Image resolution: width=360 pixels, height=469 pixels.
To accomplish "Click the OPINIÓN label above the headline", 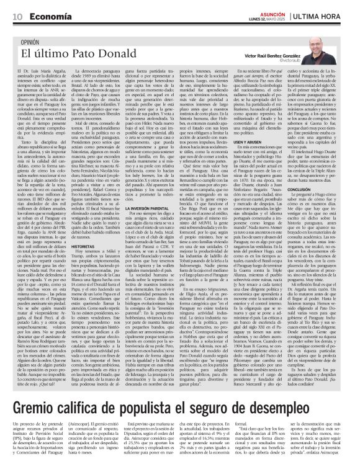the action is click(34, 42).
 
